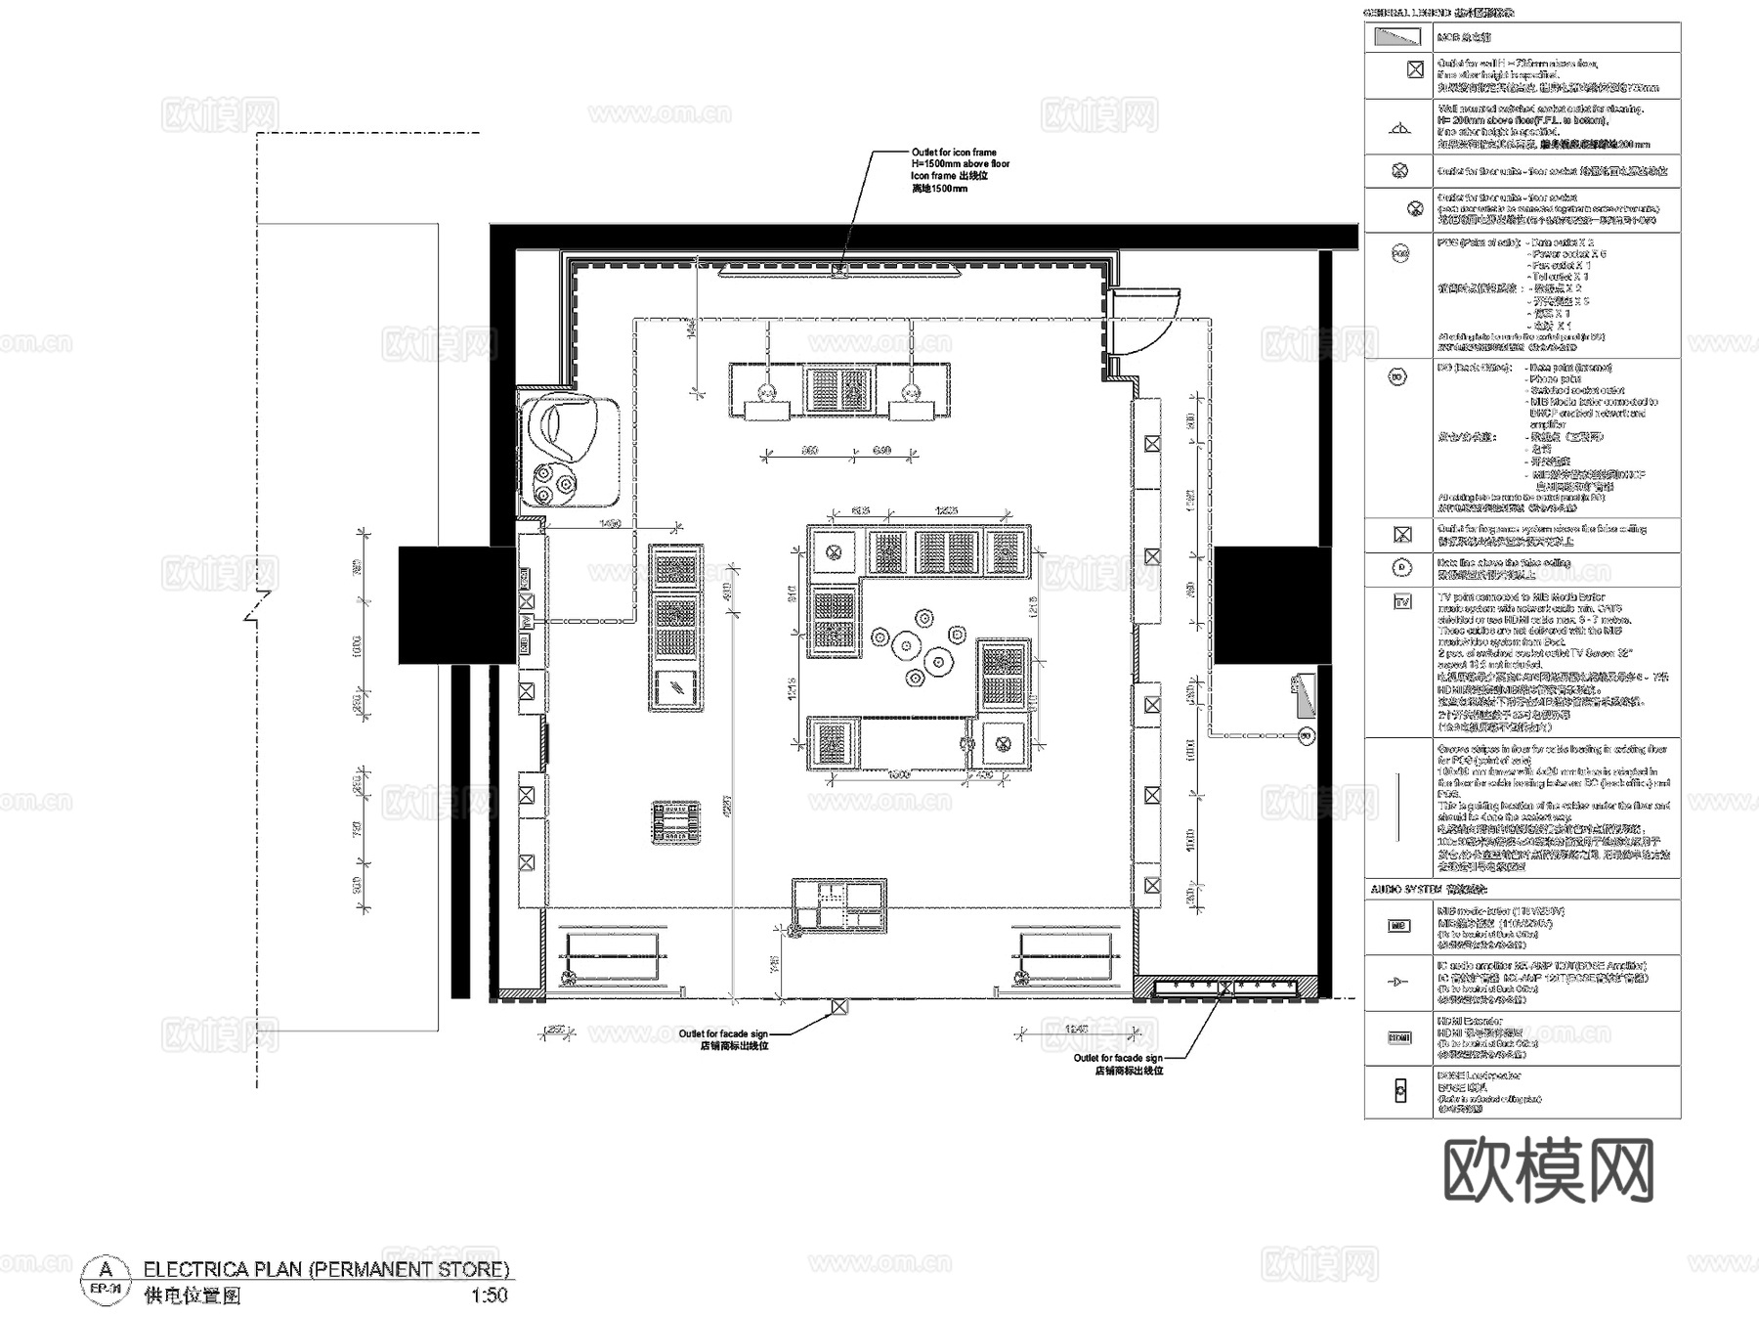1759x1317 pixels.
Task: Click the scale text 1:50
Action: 489,1295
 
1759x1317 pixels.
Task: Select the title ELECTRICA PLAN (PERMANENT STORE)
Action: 326,1269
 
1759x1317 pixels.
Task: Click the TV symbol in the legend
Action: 1401,602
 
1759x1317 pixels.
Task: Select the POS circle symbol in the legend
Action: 1399,254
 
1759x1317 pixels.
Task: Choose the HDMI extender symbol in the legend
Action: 1399,1037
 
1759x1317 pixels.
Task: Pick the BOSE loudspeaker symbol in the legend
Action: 1399,1091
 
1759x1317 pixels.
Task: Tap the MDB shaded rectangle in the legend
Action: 1397,37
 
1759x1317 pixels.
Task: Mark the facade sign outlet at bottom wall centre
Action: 837,1005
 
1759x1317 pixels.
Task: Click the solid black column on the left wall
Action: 455,605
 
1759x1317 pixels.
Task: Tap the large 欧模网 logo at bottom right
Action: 1548,1170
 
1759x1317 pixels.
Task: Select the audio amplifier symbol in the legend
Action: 1399,982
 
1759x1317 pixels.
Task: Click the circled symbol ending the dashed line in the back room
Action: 1304,735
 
